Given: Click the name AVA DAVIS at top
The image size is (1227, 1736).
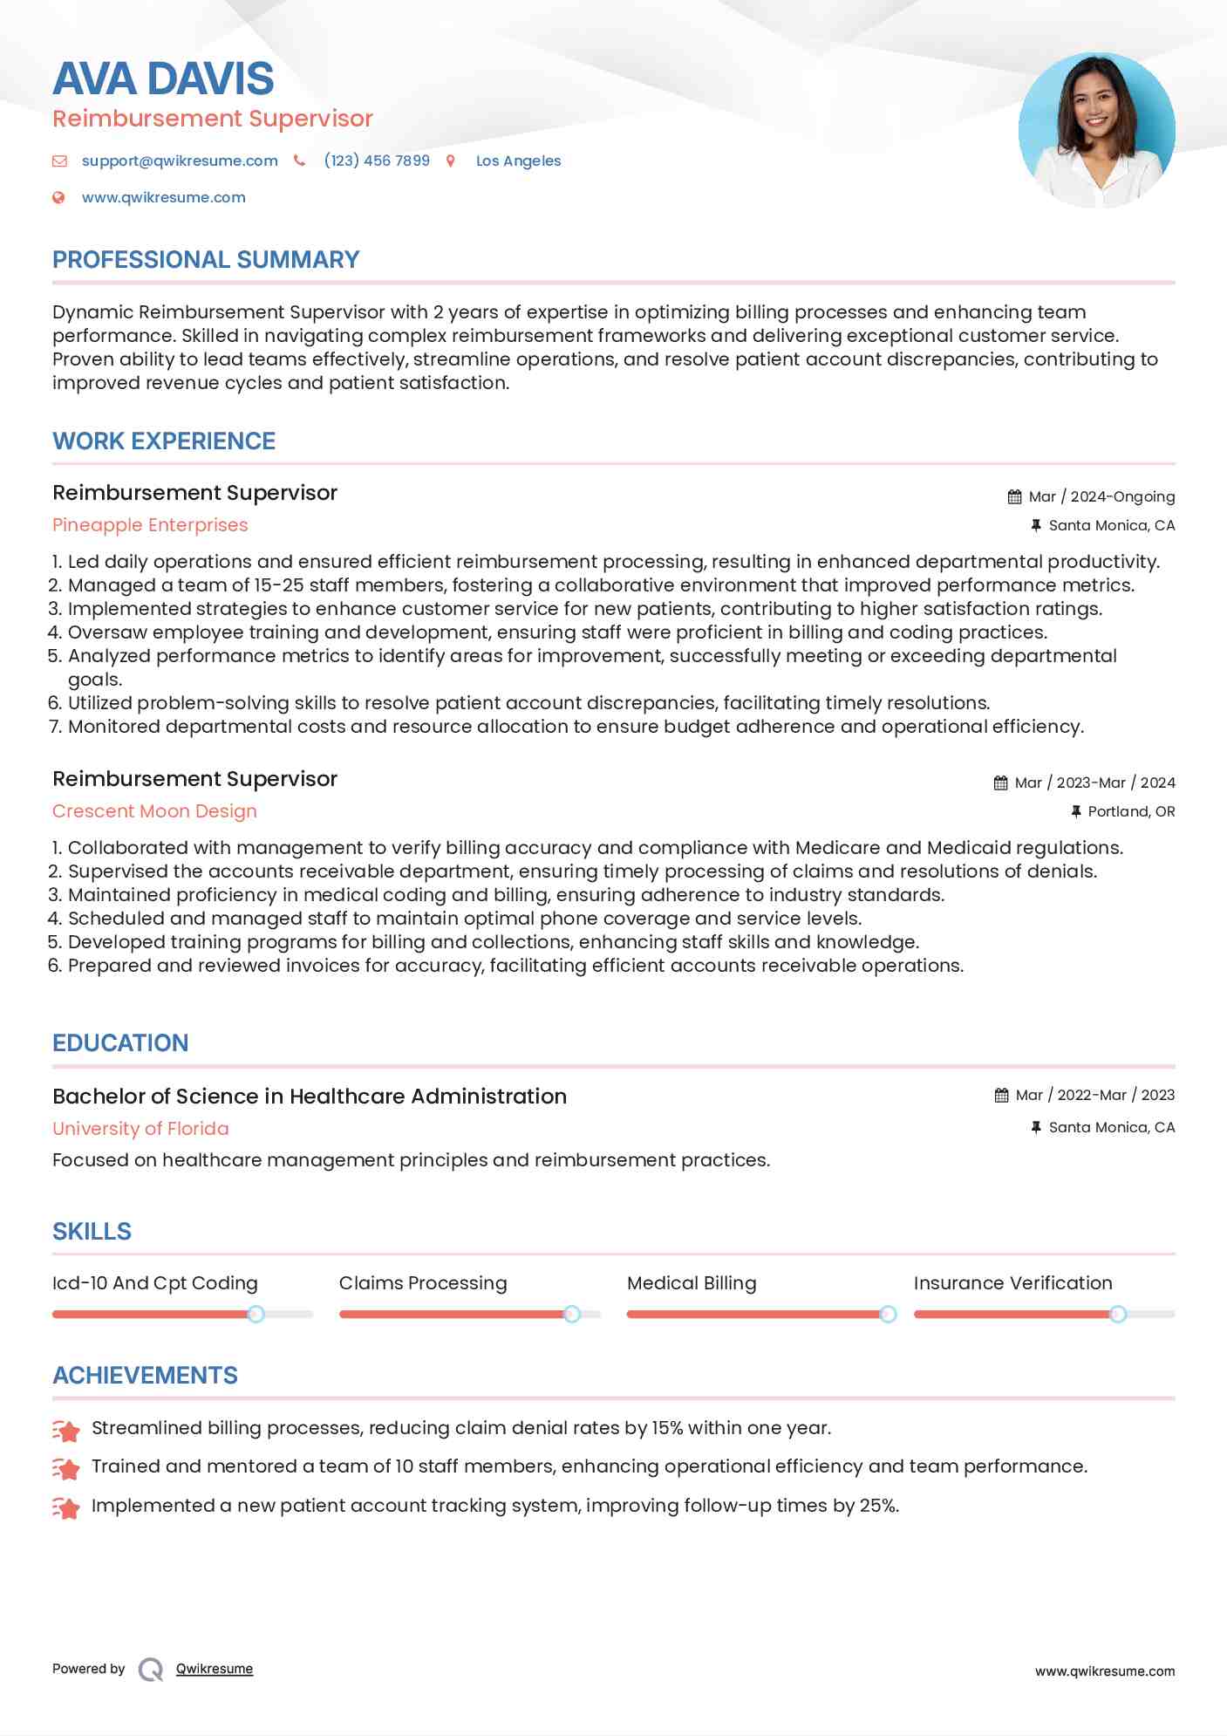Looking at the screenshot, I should click(163, 79).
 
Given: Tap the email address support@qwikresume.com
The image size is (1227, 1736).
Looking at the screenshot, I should click(180, 161).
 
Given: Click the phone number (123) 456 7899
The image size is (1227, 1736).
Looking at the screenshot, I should click(377, 161).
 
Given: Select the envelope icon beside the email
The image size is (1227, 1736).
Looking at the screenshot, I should click(59, 161).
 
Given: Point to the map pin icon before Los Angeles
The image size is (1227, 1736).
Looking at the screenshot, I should click(451, 161).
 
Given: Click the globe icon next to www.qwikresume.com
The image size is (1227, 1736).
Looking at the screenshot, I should click(59, 198).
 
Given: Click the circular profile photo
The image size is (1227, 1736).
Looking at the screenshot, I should click(1096, 131).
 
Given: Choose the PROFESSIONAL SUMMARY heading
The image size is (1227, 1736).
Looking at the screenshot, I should click(206, 260).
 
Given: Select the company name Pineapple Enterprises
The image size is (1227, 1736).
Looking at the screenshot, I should click(150, 525).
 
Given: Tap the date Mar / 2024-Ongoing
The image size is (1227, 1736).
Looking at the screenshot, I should click(1101, 496).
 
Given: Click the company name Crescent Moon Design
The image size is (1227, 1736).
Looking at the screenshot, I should click(154, 811).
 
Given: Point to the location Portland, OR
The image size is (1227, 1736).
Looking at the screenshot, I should click(1131, 811).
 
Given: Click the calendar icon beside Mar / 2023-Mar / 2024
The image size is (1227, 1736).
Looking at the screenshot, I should click(1000, 783).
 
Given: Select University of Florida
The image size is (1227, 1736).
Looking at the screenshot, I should click(140, 1129).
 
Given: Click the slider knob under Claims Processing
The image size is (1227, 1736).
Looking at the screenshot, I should click(572, 1314).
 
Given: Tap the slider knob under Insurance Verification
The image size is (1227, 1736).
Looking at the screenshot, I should click(1118, 1314).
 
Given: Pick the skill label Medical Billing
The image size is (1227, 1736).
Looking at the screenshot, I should click(692, 1283).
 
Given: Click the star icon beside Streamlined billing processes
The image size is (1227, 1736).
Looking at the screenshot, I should click(66, 1430).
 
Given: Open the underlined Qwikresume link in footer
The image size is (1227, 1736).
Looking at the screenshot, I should click(215, 1669).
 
